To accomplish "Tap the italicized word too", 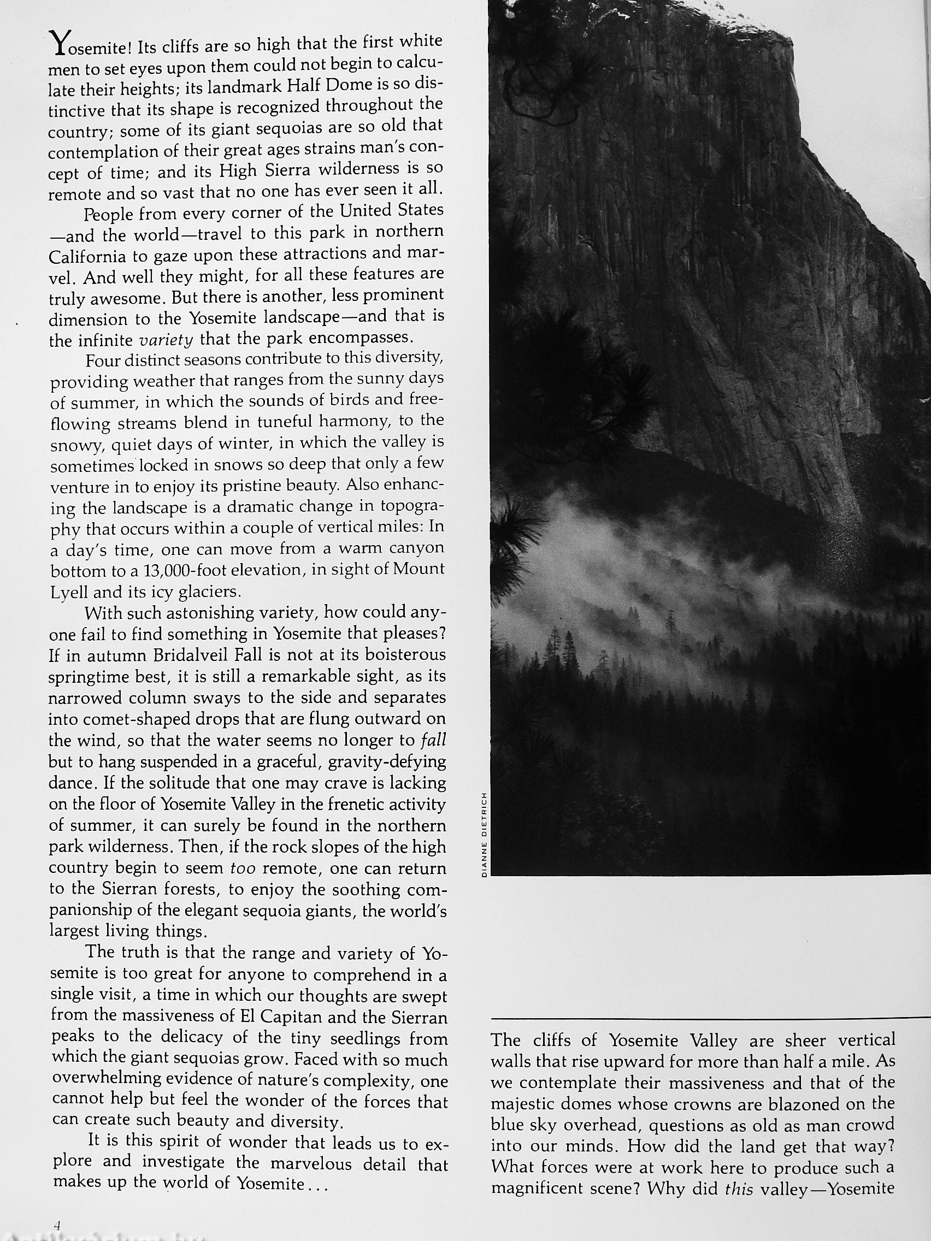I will coord(243,868).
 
